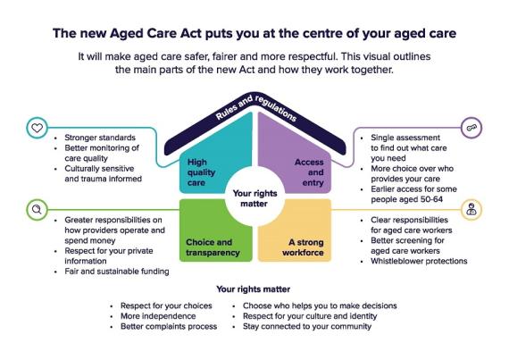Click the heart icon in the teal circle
[x=37, y=128]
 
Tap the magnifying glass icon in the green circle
[x=37, y=210]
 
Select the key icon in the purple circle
[x=471, y=128]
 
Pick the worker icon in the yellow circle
[x=471, y=209]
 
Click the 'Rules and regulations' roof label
[x=255, y=108]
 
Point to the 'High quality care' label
[x=201, y=172]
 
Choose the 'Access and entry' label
[x=309, y=172]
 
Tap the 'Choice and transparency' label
[x=213, y=247]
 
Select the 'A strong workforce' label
[x=303, y=247]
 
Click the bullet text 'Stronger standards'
[x=100, y=138]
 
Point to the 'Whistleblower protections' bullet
[x=419, y=262]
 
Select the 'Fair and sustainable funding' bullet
[x=117, y=272]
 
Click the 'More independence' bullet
[x=158, y=316]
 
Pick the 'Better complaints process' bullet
[x=169, y=327]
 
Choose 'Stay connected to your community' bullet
[x=307, y=327]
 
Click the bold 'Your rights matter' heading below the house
[x=254, y=289]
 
